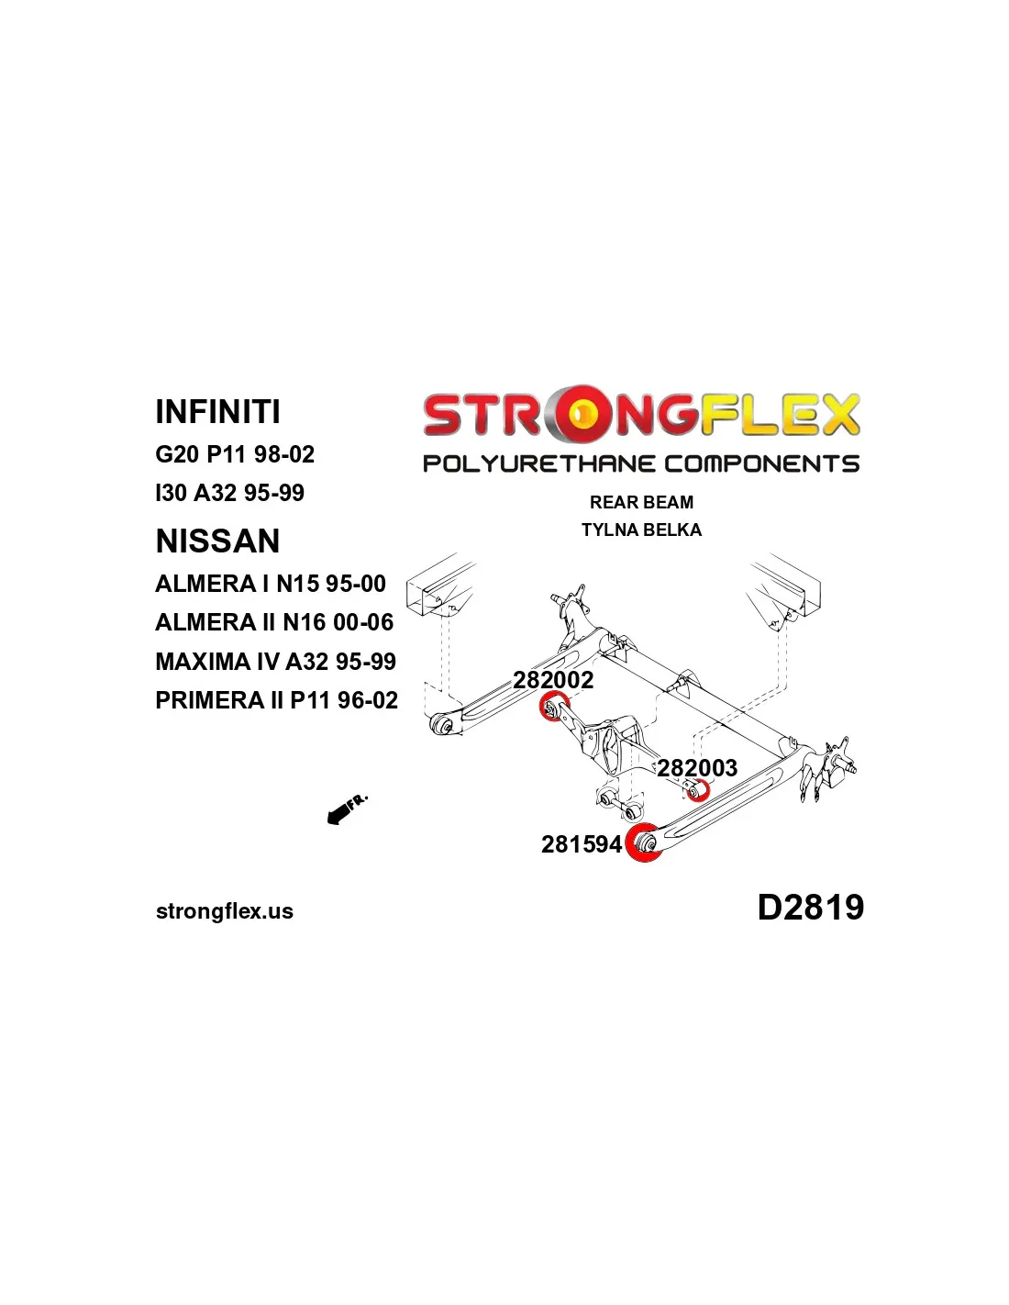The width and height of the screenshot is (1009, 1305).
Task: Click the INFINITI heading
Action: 217,412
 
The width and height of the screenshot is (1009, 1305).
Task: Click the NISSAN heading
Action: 217,541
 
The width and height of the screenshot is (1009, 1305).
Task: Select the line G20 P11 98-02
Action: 235,454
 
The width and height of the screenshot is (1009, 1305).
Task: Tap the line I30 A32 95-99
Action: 229,493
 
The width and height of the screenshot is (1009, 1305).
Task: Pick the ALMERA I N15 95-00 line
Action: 271,584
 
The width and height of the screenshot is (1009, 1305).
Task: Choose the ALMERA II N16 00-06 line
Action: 274,622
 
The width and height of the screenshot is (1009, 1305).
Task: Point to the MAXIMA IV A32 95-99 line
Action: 275,662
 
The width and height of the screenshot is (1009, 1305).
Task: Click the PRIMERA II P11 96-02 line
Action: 276,700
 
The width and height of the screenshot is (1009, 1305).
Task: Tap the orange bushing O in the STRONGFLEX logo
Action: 580,415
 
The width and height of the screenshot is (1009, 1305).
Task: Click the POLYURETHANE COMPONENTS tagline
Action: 641,463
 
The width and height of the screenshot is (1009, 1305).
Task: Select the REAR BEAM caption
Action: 641,502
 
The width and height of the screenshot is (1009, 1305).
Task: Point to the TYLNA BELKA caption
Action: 641,530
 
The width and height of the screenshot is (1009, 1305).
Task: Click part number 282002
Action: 553,680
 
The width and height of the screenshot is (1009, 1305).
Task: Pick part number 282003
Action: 697,767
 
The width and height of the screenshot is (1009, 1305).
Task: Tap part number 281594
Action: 582,844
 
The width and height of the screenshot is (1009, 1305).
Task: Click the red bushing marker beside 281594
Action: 643,842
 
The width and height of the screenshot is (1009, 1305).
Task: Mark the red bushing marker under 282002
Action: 552,708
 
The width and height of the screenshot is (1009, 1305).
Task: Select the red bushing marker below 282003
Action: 698,789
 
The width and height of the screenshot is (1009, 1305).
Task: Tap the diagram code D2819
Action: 810,908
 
